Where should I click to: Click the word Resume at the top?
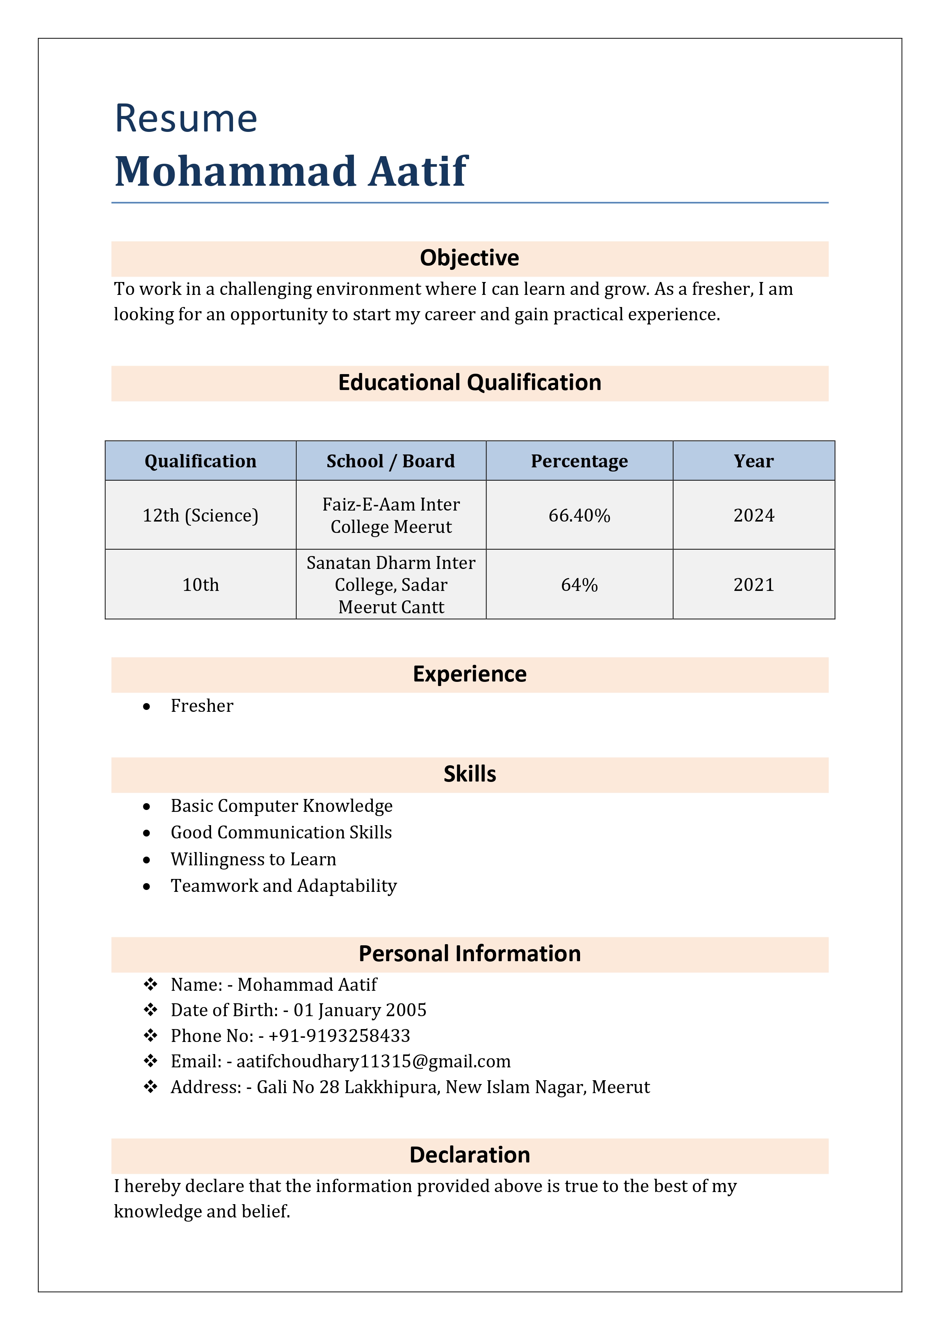click(x=186, y=119)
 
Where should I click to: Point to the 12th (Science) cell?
click(x=200, y=515)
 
